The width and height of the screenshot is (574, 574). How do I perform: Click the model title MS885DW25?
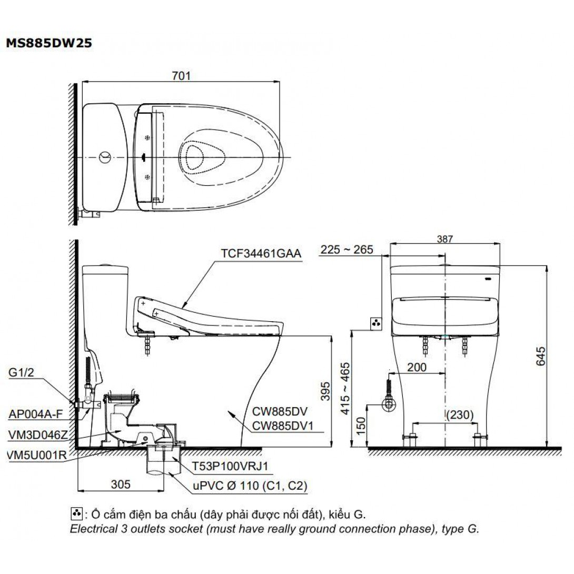(x=49, y=43)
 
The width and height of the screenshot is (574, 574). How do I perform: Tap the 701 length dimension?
(x=181, y=75)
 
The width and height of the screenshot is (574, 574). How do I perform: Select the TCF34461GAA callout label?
(x=261, y=253)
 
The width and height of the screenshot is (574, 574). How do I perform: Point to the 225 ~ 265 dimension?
(x=347, y=250)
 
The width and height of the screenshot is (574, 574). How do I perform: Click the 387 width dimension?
(x=445, y=239)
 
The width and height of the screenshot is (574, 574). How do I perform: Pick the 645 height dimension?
(x=540, y=356)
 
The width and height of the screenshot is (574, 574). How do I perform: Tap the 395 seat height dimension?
(x=325, y=391)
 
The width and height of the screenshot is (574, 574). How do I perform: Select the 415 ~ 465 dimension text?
(x=345, y=389)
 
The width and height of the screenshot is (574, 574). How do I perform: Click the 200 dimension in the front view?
(x=417, y=367)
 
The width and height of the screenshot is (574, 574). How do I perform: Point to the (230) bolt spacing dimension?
(x=460, y=415)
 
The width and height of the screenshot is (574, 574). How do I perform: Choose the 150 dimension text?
(x=361, y=425)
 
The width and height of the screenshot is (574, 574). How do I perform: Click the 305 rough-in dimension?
(x=121, y=484)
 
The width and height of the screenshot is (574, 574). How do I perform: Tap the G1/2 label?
(x=21, y=372)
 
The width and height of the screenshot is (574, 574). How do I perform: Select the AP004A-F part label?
(x=35, y=414)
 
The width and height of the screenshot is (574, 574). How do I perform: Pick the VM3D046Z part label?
(x=38, y=435)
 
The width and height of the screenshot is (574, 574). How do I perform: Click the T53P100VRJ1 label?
(x=230, y=466)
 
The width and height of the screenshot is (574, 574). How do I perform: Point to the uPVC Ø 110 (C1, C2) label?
(x=250, y=486)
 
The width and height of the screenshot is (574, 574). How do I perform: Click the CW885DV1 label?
(x=283, y=425)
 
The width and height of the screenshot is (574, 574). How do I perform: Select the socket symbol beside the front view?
(x=377, y=324)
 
